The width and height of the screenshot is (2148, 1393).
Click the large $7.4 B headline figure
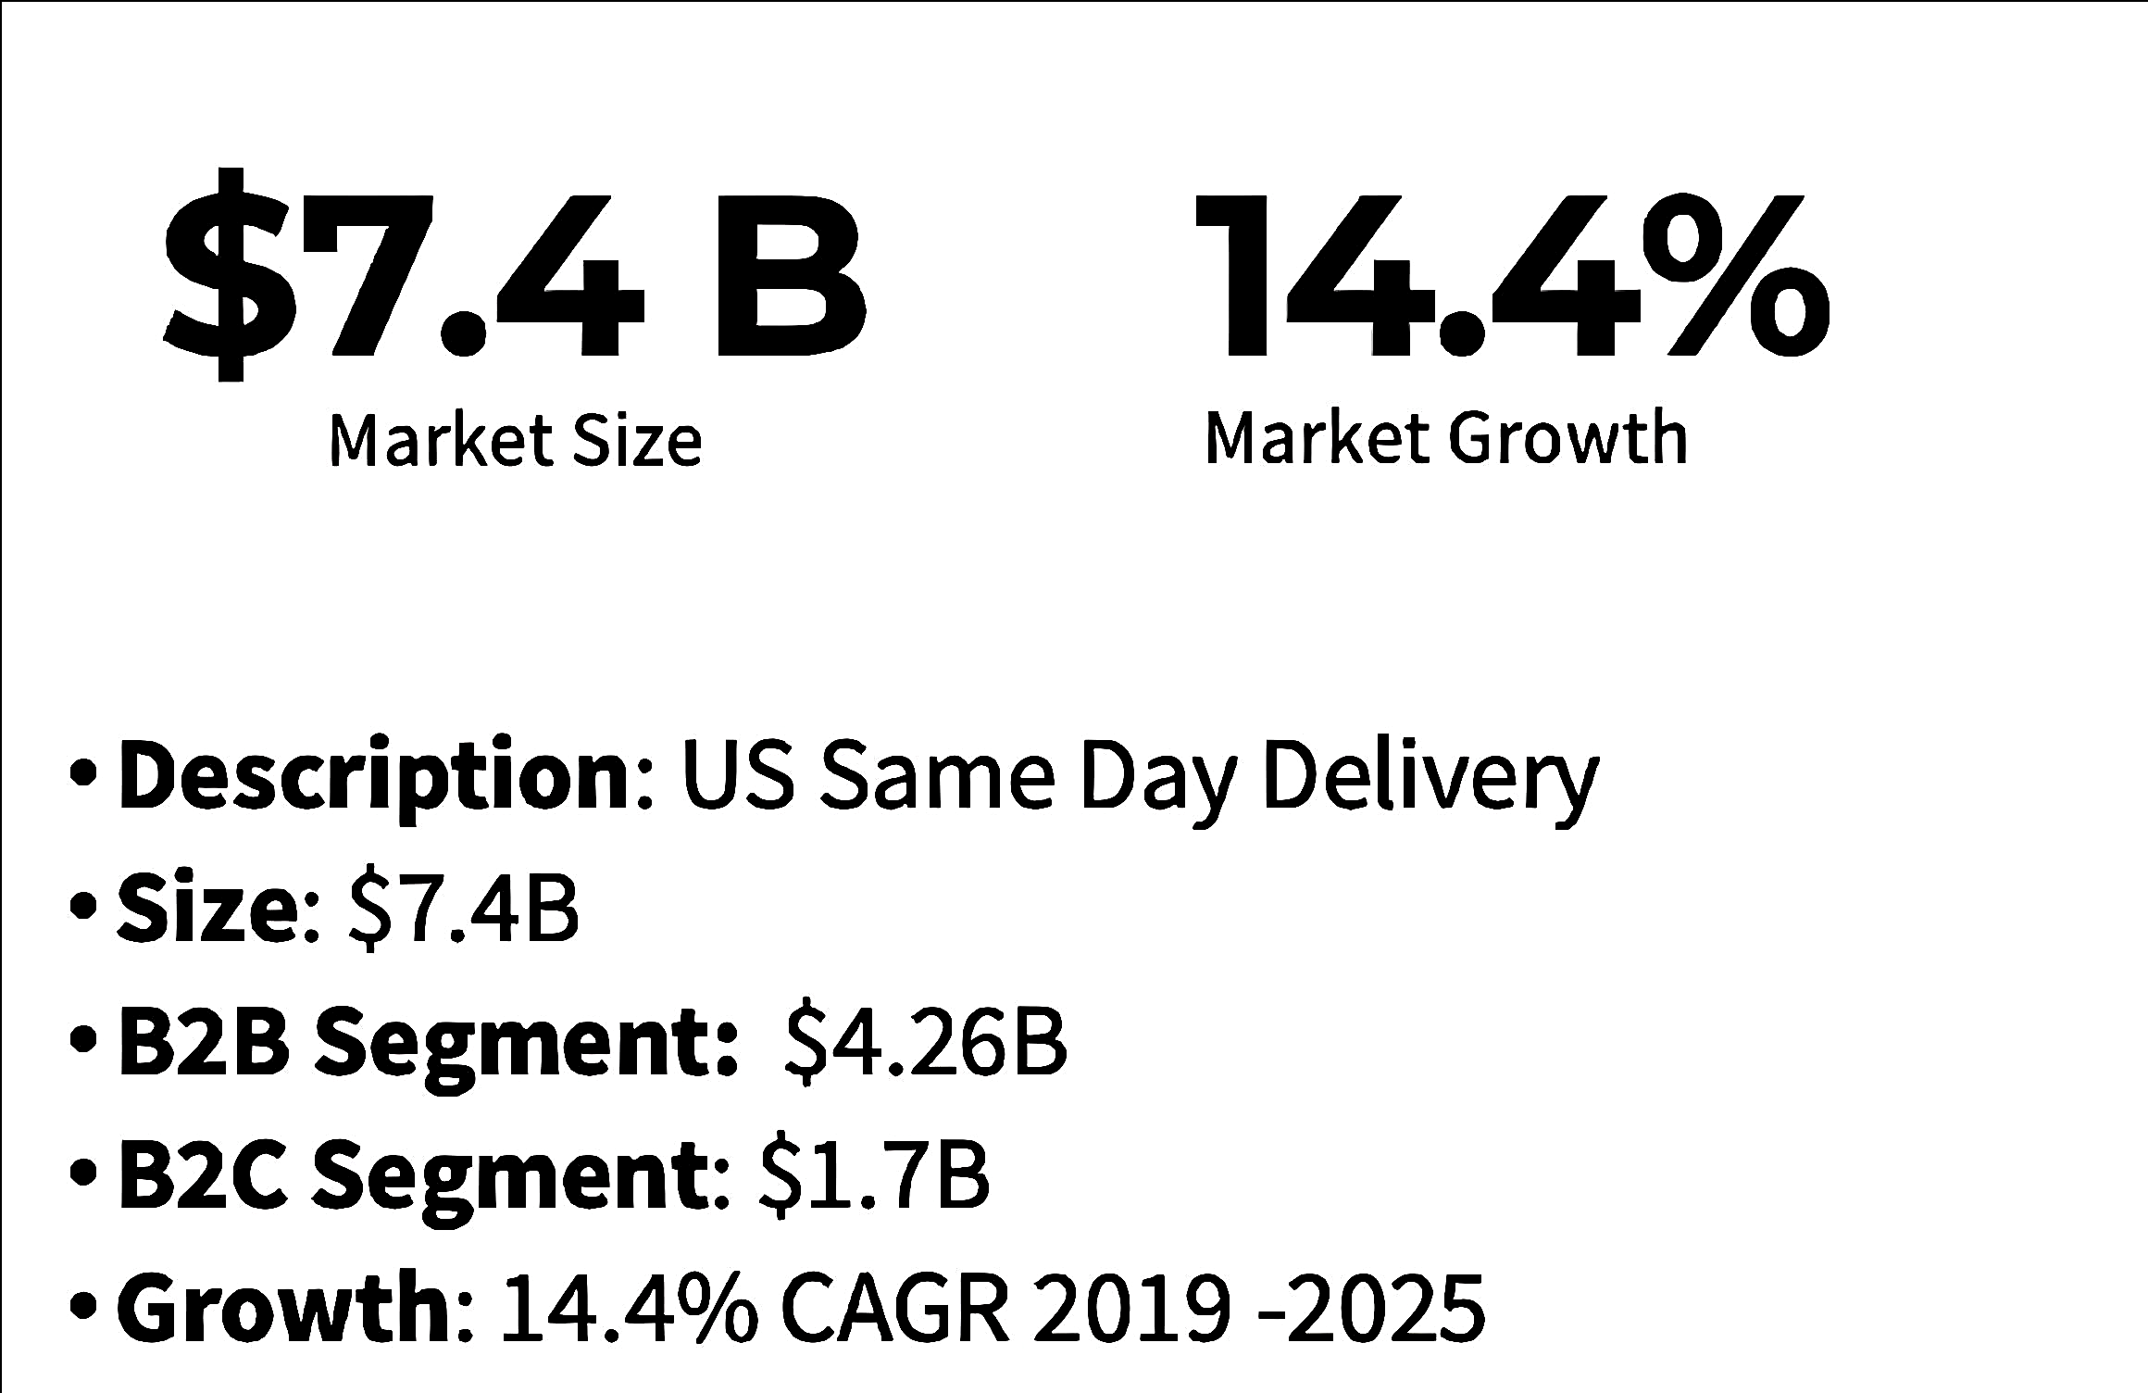coord(514,275)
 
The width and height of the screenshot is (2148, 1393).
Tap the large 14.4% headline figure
coord(1511,275)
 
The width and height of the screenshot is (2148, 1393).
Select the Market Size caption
coord(516,441)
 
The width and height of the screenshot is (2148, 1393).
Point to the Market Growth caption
coord(1446,438)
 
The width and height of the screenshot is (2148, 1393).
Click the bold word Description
coord(375,776)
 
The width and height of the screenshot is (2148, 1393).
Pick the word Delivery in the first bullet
coord(1430,776)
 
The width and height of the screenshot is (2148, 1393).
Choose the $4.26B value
coord(926,1042)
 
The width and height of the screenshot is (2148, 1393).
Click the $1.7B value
coord(874,1175)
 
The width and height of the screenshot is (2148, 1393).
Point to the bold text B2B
coord(204,1042)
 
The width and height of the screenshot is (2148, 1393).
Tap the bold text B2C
coord(204,1175)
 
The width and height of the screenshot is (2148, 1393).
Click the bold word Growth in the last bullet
coord(283,1308)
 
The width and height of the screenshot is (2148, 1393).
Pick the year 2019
coord(1131,1308)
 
